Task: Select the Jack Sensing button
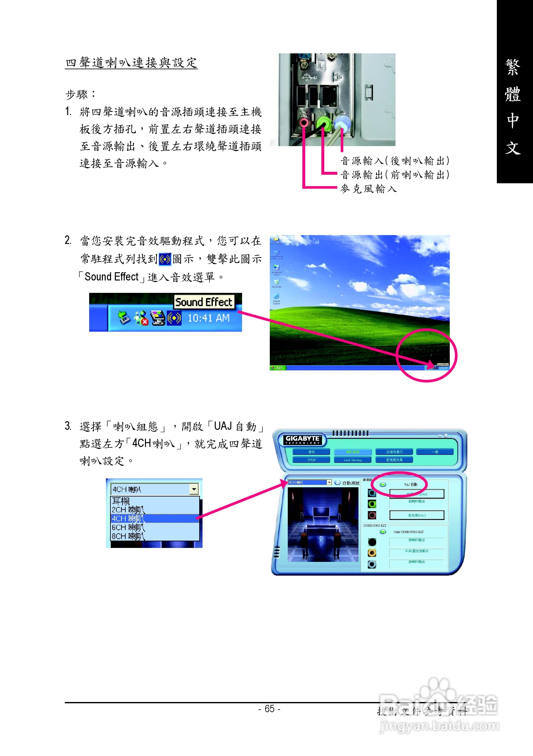tap(352, 460)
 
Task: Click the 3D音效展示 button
tap(394, 452)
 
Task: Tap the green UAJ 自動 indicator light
tap(383, 484)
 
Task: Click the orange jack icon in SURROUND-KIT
tap(372, 553)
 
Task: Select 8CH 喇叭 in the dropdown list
tap(128, 537)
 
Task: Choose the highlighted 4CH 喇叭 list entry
tap(128, 519)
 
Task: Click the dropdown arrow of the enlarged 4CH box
tap(194, 489)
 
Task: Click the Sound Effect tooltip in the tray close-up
tap(204, 302)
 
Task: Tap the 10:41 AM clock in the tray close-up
tap(208, 318)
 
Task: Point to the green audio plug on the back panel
tap(324, 123)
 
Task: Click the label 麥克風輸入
tap(368, 189)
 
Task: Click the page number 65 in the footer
tap(269, 709)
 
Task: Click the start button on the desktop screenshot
tap(278, 368)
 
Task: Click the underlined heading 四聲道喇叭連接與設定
tap(131, 63)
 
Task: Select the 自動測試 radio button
tap(337, 483)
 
